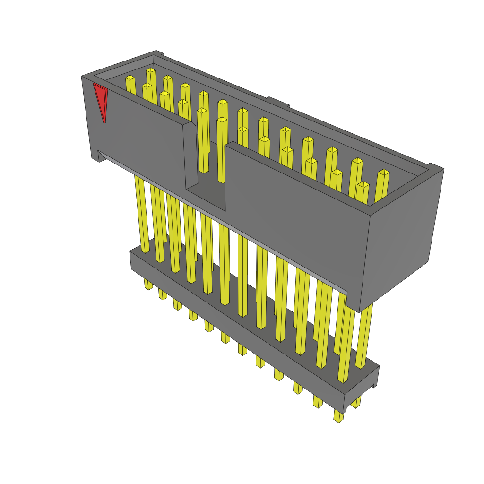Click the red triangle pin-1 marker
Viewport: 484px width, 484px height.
pos(101,100)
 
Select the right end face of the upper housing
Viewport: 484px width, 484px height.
pos(402,236)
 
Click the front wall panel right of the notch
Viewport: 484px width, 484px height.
pos(293,217)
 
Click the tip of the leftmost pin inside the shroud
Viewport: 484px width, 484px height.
pos(130,78)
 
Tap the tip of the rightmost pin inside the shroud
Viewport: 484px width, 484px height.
pos(383,173)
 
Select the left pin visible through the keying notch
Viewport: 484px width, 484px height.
pos(203,142)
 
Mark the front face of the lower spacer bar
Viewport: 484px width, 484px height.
pos(236,331)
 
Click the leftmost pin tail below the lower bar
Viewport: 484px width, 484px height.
pos(148,284)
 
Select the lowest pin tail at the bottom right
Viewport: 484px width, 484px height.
pos(338,416)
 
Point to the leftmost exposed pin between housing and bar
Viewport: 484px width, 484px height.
pos(142,213)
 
